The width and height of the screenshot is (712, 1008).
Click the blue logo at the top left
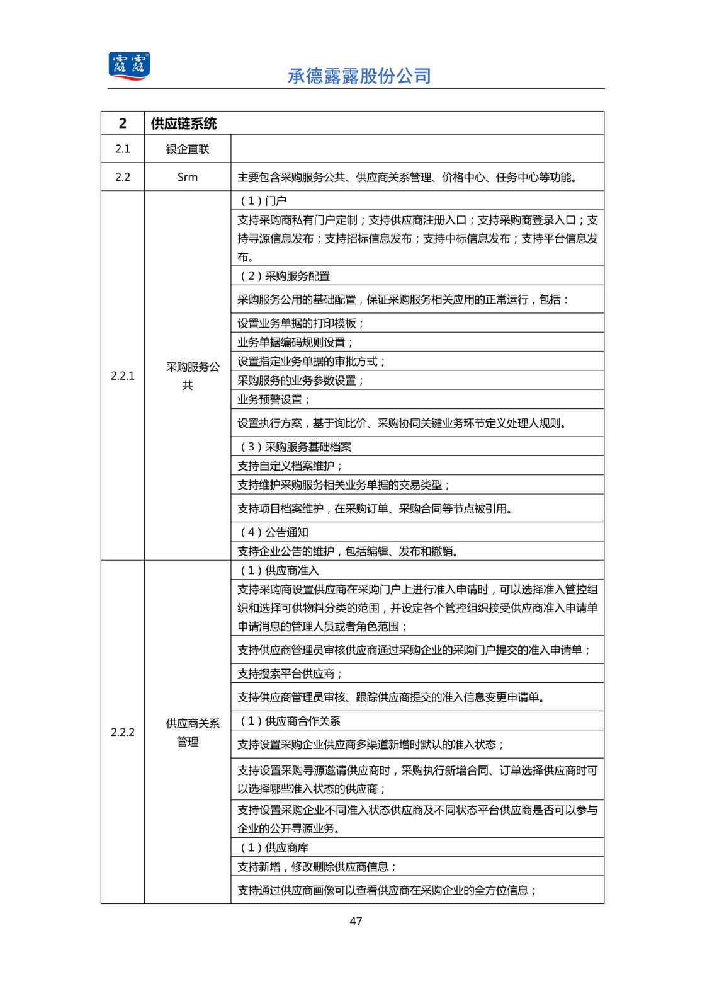(x=129, y=66)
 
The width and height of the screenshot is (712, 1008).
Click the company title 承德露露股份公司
(x=359, y=76)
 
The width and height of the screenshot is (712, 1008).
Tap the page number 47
(x=356, y=921)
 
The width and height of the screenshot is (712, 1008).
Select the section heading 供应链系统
(x=183, y=123)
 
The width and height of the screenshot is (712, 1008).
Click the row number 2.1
(x=123, y=149)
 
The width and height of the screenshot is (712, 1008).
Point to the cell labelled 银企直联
(x=188, y=149)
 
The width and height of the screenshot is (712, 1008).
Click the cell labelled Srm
(x=188, y=177)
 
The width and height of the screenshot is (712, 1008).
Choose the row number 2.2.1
(x=123, y=375)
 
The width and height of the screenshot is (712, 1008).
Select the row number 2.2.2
(x=123, y=732)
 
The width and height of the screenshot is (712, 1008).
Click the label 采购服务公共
(x=192, y=375)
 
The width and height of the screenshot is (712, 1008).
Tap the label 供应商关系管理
(x=192, y=732)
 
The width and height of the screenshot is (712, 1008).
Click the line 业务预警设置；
(x=274, y=399)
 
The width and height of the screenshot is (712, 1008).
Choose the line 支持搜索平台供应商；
(x=290, y=673)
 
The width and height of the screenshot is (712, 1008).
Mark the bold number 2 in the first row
(x=123, y=123)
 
